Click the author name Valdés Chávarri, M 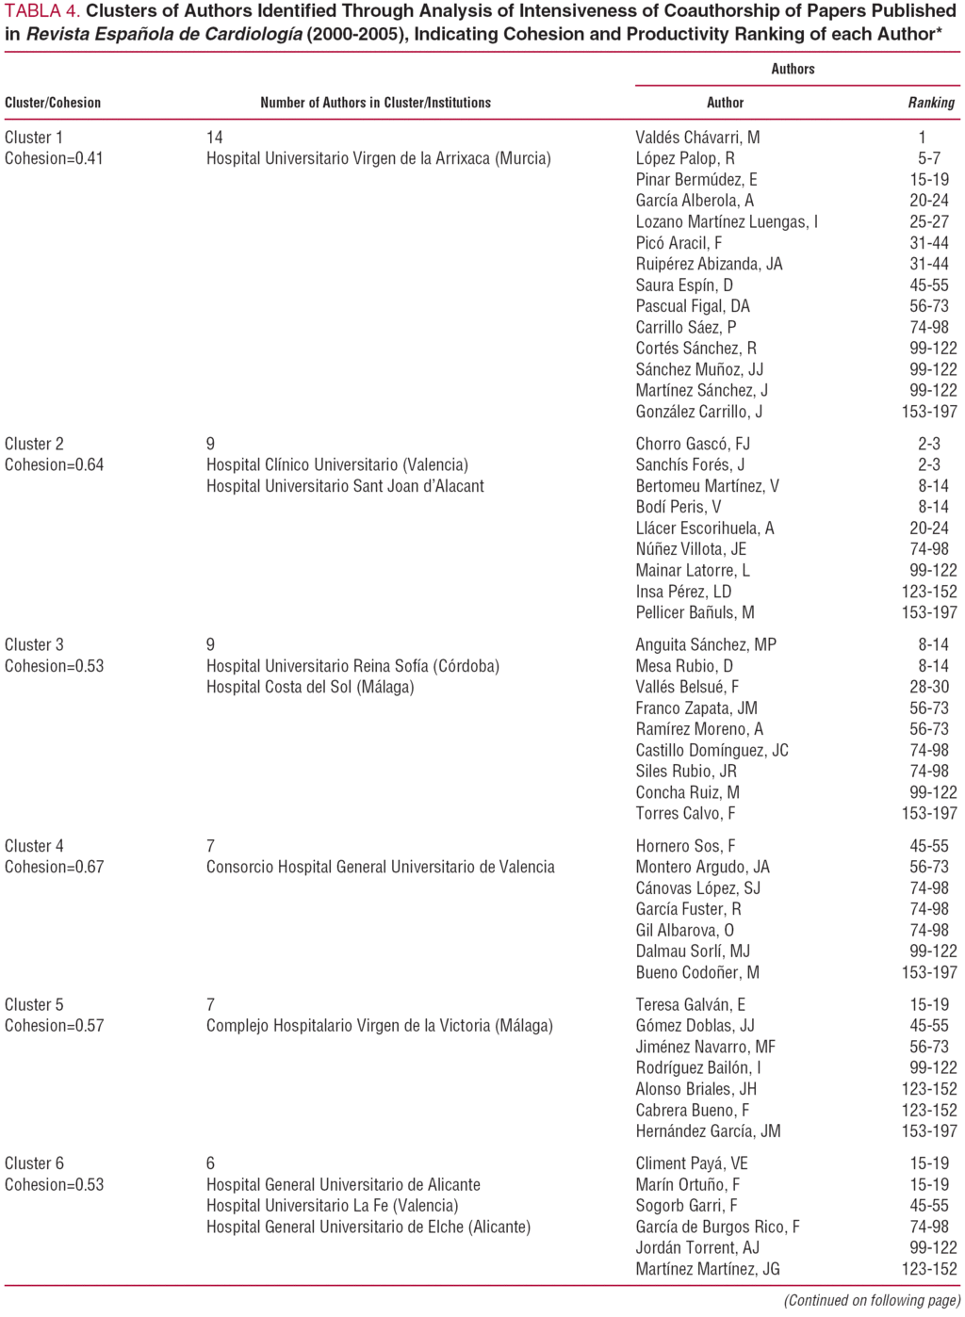tap(697, 138)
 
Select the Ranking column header tap(931, 103)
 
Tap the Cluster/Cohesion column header tap(53, 103)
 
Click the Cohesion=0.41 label tap(54, 158)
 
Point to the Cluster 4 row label tap(34, 846)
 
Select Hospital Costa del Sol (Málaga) tap(310, 687)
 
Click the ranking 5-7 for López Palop tap(929, 158)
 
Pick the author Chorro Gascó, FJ tap(693, 444)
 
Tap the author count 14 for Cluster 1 tap(215, 138)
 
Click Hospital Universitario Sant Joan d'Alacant tap(345, 486)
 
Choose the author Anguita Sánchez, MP tap(706, 645)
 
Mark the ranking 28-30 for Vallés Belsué tap(929, 687)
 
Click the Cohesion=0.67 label tap(54, 867)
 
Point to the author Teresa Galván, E tap(690, 1004)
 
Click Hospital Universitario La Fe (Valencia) tap(332, 1206)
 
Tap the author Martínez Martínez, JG tap(708, 1269)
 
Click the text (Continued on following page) tap(872, 1301)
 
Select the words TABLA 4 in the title tap(42, 11)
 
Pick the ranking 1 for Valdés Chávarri tap(922, 138)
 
